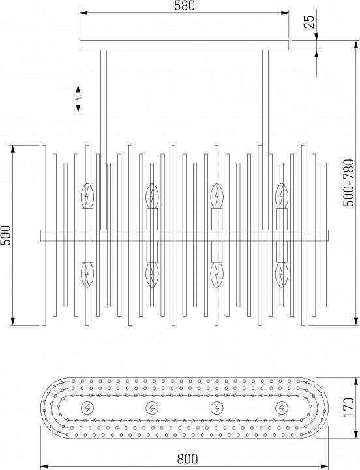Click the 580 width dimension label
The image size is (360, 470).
[x=185, y=6]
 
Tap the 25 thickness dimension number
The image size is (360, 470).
[x=309, y=22]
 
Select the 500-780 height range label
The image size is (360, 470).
[x=348, y=183]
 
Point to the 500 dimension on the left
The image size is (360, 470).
[x=6, y=235]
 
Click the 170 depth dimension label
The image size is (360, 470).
[x=348, y=407]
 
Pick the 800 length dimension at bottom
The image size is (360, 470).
[x=187, y=459]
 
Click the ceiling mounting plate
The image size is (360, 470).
[x=184, y=45]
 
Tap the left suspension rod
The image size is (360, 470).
[x=104, y=140]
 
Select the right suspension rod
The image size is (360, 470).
[x=265, y=140]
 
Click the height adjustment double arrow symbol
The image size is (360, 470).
[x=78, y=99]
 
